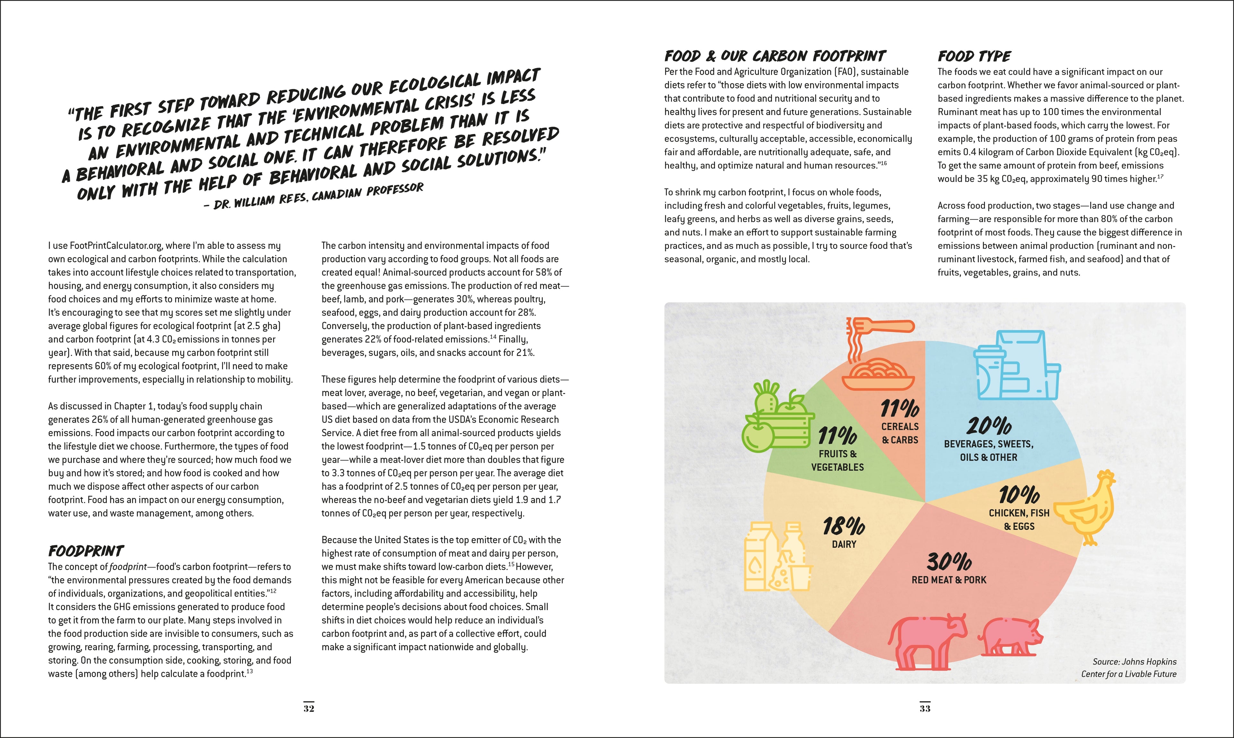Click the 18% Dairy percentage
tap(844, 526)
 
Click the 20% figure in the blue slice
tap(988, 426)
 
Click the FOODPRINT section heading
tap(85, 551)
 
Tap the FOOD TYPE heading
tap(974, 56)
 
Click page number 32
tap(309, 708)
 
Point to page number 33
tap(925, 708)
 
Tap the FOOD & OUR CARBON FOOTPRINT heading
tap(774, 56)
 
